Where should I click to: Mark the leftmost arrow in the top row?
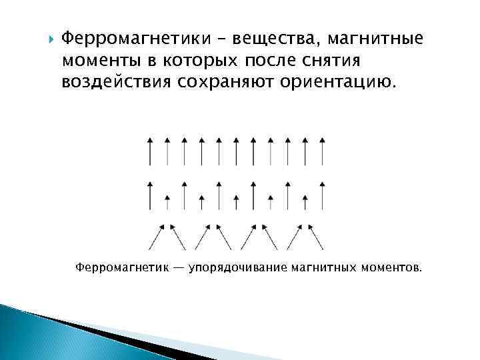click(x=149, y=151)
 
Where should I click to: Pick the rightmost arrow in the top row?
click(x=323, y=151)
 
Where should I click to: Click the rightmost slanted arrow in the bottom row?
click(x=315, y=237)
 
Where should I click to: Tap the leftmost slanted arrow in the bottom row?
click(x=157, y=237)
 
